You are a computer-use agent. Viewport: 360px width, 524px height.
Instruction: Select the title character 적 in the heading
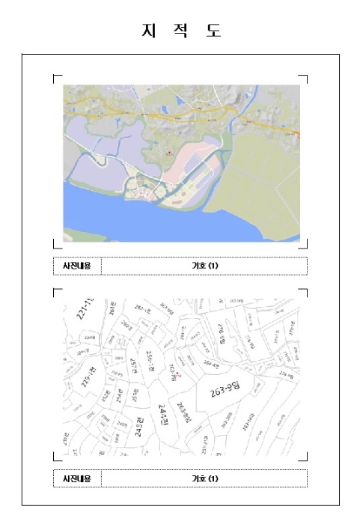point(180,31)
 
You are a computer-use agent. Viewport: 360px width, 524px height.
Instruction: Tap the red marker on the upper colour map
point(169,152)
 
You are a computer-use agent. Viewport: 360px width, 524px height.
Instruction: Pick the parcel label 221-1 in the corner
point(85,307)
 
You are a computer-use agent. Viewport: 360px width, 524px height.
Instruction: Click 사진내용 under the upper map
point(77,266)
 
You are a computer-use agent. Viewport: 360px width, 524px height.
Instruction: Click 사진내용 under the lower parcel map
point(77,478)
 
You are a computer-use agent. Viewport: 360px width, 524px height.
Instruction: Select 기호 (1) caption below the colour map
point(204,266)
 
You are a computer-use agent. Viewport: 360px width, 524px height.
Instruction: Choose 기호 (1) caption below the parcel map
point(204,478)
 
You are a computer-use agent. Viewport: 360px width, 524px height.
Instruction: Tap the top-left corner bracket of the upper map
point(55,76)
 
